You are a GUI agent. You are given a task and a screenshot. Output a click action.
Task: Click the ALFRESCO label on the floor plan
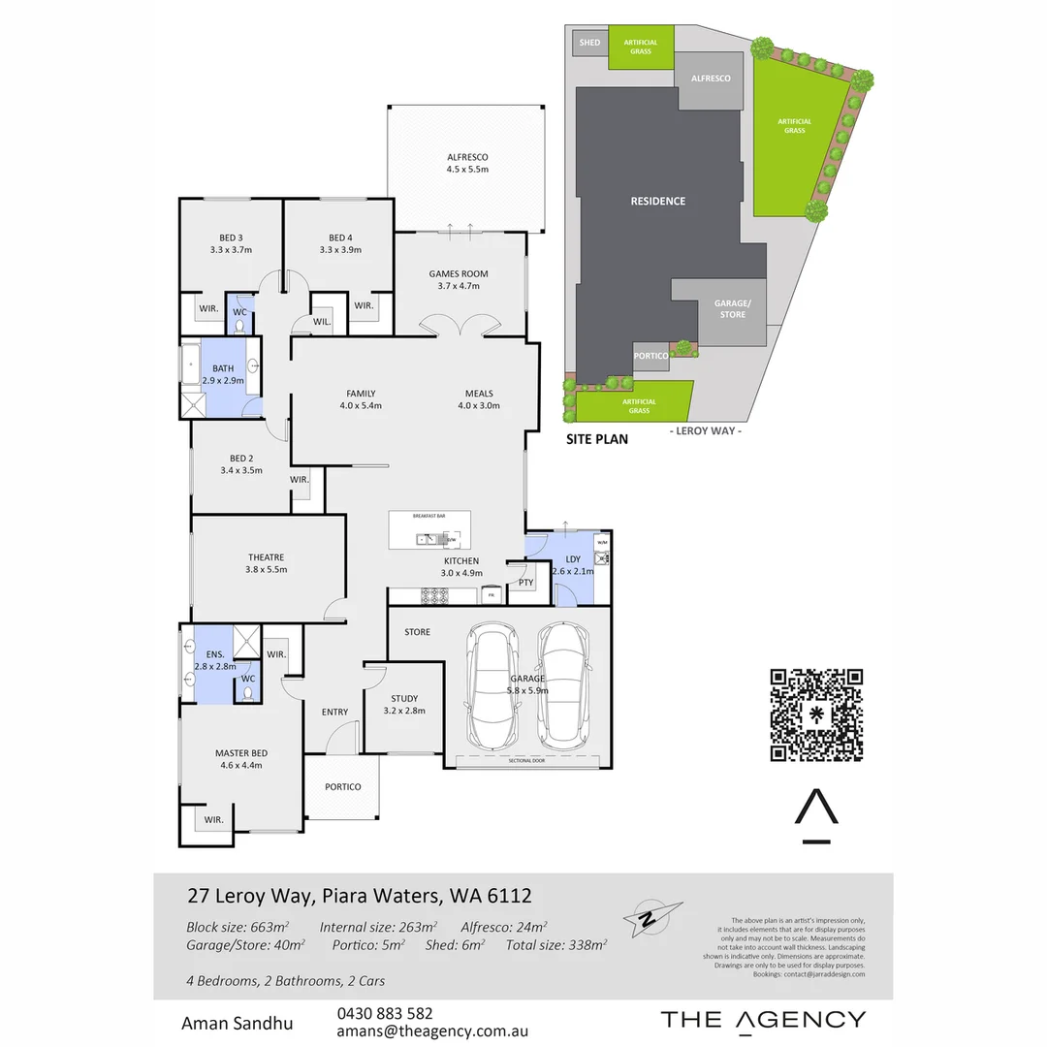[x=467, y=157]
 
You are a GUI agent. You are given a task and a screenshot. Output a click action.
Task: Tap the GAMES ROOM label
[x=459, y=274]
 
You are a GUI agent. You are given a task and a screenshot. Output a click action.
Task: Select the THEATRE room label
[x=266, y=557]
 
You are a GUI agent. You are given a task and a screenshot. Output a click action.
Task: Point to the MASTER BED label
[x=241, y=753]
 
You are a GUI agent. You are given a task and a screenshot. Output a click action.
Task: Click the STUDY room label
[x=404, y=698]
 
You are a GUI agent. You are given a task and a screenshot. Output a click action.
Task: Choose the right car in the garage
[x=563, y=683]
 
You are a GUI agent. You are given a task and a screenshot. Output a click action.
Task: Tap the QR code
[x=816, y=714]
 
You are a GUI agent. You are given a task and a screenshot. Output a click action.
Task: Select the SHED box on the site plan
[x=589, y=43]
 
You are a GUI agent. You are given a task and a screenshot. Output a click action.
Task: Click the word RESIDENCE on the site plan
[x=658, y=202]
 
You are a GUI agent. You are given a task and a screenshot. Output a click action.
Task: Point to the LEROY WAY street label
[x=706, y=430]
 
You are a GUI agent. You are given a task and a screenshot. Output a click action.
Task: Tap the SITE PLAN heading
[x=597, y=439]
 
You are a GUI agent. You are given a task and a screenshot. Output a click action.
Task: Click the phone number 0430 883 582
[x=385, y=1013]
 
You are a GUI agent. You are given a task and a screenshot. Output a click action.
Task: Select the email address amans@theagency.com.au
[x=431, y=1031]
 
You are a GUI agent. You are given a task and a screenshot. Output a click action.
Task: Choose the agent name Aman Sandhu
[x=238, y=1023]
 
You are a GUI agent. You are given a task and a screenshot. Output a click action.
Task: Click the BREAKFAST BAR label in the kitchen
[x=428, y=517]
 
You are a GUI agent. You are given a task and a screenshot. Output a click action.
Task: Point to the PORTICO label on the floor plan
[x=343, y=787]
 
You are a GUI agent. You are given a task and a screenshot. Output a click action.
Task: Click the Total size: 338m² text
[x=556, y=944]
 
